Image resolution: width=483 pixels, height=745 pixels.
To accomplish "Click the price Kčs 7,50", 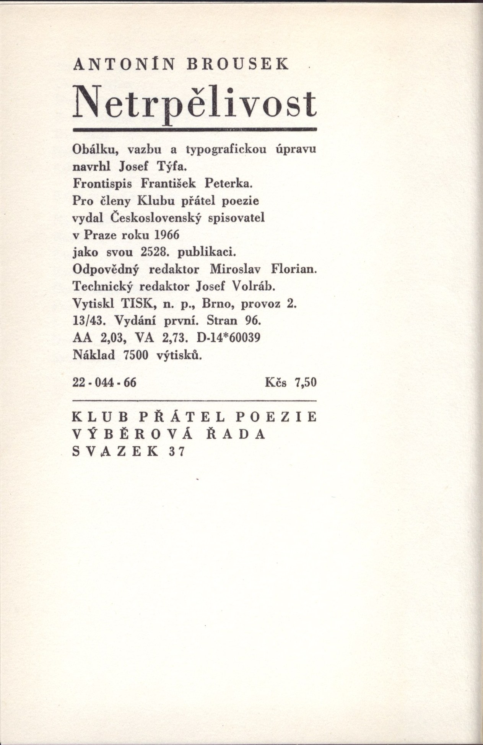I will (291, 382).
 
